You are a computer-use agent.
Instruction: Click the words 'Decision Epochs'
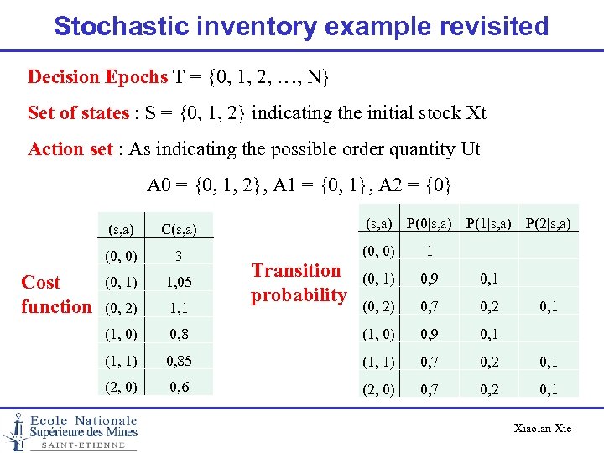click(x=97, y=77)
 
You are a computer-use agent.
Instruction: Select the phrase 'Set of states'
click(x=78, y=113)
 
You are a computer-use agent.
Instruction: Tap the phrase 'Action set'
click(x=70, y=149)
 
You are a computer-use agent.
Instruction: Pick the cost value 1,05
click(x=179, y=283)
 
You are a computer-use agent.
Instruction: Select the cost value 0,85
click(x=178, y=362)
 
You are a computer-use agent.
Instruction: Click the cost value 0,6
click(x=178, y=388)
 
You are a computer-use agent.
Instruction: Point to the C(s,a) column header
click(x=178, y=228)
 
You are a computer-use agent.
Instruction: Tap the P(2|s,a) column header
click(x=549, y=222)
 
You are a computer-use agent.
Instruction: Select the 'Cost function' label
click(x=55, y=294)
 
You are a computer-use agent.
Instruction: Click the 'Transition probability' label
click(x=299, y=283)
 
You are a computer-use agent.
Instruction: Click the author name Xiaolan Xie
click(x=542, y=429)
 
